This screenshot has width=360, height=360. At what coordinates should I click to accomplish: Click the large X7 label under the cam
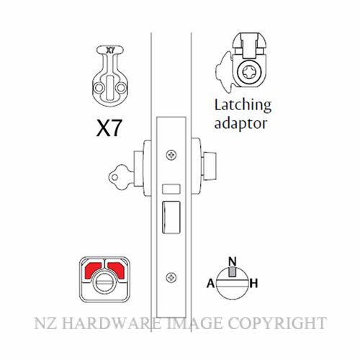(x=109, y=128)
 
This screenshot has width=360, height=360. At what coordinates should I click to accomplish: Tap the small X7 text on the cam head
(x=110, y=50)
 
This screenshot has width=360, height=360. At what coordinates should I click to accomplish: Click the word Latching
(x=243, y=106)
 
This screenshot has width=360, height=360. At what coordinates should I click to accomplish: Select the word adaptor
(x=240, y=124)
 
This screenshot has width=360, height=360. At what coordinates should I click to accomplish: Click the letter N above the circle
(x=232, y=261)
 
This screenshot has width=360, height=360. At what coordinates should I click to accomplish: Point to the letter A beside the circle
(x=211, y=283)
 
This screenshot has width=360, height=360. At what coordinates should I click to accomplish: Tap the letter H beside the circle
(x=253, y=283)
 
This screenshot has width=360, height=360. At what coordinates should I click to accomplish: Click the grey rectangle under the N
(x=232, y=272)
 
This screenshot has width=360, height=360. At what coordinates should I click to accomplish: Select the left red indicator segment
(x=93, y=270)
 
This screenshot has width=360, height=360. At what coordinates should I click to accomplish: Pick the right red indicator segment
(x=116, y=270)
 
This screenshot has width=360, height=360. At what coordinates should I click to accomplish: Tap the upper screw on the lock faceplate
(x=171, y=155)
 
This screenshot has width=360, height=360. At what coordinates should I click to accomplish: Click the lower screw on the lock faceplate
(x=171, y=278)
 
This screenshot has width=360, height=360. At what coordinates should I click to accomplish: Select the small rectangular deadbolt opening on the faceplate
(x=171, y=189)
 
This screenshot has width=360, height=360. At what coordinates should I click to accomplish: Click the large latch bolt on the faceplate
(x=171, y=217)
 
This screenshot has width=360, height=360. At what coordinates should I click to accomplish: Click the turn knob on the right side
(x=210, y=166)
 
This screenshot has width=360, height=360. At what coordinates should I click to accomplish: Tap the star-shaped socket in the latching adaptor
(x=248, y=72)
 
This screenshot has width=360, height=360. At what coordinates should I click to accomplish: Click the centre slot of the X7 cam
(x=110, y=88)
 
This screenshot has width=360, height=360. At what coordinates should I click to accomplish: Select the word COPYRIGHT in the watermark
(x=277, y=323)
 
